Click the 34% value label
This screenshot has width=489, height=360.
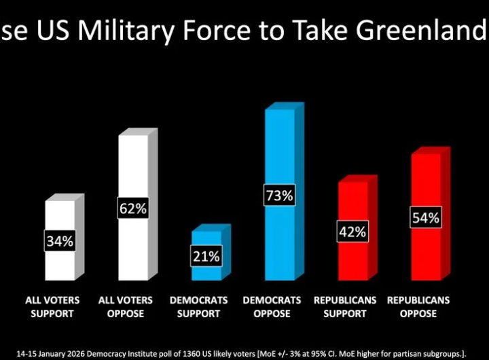60,240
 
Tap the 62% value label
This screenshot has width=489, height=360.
133,209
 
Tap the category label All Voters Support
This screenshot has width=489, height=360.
52,306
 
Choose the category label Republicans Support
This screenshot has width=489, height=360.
346,306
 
